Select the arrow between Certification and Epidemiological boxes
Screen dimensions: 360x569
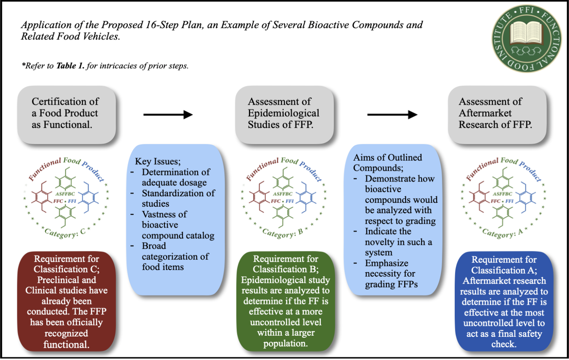click(168, 114)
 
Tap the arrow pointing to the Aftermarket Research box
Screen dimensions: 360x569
click(392, 114)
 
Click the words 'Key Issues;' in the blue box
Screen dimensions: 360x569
click(157, 161)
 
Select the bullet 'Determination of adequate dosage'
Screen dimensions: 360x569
click(176, 177)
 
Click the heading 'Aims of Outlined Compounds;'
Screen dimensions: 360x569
click(388, 163)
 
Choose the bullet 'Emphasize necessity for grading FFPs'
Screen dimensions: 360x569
click(391, 274)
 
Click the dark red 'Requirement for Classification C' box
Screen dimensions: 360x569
click(66, 301)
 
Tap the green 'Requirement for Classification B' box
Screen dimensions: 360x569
click(286, 301)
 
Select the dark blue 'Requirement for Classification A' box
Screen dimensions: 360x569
click(504, 302)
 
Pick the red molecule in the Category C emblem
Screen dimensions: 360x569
click(41, 197)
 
